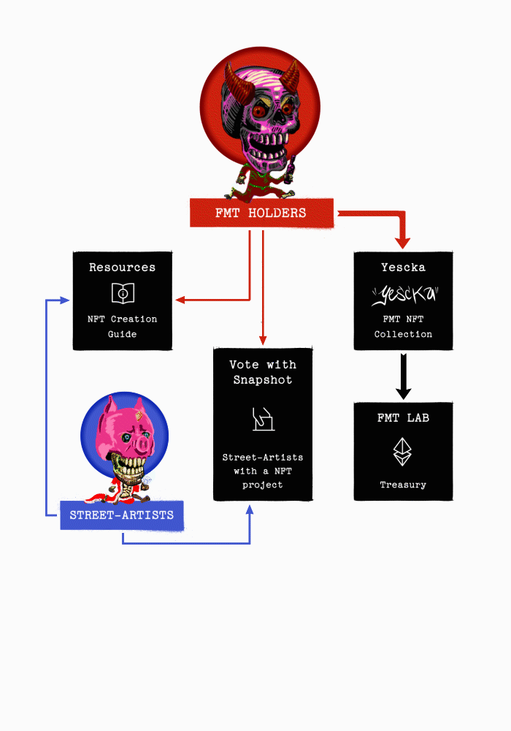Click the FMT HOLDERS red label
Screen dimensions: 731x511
coord(261,213)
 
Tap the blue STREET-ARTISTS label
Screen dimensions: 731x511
coord(122,515)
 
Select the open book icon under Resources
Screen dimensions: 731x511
coord(123,293)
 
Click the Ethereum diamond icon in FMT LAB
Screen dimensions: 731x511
coord(403,452)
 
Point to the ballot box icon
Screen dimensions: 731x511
coord(263,419)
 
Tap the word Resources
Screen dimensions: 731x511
coord(122,268)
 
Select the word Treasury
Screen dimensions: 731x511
coord(403,485)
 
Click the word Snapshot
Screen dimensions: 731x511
coord(263,380)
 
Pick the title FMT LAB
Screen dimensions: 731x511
coord(403,418)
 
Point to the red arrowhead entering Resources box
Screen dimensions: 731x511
coord(180,300)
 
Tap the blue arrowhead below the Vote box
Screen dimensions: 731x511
coord(250,509)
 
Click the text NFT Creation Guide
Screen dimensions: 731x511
coord(122,326)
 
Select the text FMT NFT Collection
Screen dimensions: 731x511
coord(403,326)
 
